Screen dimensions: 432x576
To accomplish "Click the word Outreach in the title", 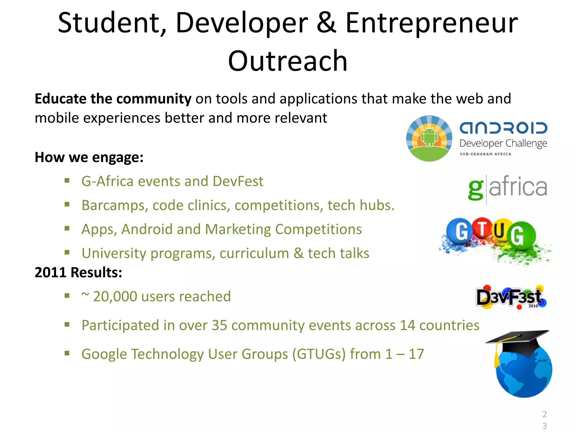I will point(287,61).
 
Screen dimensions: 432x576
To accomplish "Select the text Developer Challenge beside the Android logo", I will point(503,144).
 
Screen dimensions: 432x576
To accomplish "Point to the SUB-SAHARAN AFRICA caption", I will point(485,154).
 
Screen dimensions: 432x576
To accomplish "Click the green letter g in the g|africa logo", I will point(476,189).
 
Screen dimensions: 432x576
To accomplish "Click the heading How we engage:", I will point(89,157).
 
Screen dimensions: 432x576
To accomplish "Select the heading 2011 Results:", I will point(78,273).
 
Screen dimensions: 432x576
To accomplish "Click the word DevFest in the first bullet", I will point(238,181).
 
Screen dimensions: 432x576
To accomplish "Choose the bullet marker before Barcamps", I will point(67,205).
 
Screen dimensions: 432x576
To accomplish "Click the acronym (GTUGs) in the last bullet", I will point(319,354).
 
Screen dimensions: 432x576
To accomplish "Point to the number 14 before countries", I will point(407,325).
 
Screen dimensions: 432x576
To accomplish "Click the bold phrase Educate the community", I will point(113,99).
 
